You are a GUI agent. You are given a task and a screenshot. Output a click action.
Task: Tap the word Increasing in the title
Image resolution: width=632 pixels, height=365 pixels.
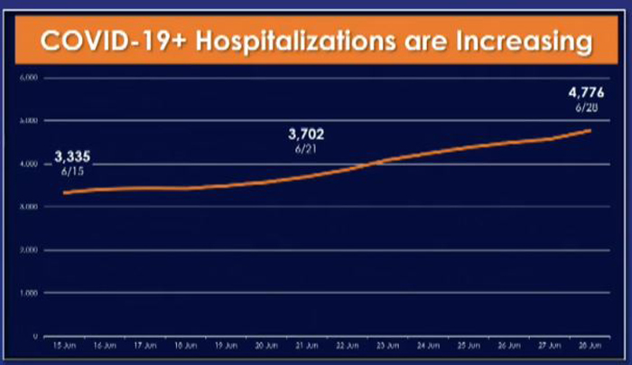coord(518,42)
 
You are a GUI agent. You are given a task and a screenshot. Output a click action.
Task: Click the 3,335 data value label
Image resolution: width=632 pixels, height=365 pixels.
coord(72,155)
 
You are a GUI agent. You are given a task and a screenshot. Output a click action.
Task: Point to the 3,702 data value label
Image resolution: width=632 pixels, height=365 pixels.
coord(305,135)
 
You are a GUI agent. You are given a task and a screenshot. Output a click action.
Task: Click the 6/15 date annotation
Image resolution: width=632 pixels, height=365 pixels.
coord(72,169)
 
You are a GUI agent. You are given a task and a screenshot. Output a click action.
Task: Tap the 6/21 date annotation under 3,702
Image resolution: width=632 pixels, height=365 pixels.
coord(305,148)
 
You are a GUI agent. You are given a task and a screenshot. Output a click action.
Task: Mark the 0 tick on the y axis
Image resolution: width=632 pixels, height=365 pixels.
coord(33,336)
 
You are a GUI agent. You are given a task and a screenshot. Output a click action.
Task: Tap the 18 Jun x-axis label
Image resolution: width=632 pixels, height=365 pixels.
coord(185,346)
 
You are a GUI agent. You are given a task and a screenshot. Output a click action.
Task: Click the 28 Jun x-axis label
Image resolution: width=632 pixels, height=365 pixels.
coord(590,346)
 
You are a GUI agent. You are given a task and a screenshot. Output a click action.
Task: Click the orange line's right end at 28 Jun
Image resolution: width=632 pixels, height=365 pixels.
coord(591,130)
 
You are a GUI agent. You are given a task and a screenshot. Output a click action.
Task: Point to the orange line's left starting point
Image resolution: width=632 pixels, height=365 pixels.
coord(64,192)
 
